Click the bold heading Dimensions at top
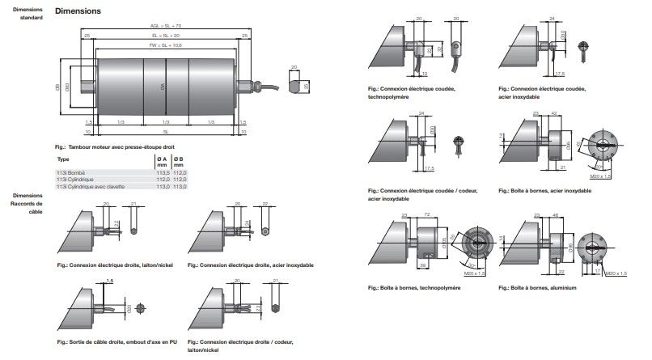click(x=77, y=11)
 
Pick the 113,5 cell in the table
click(x=160, y=172)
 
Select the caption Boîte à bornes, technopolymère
click(x=413, y=287)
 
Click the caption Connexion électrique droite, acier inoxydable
click(x=249, y=265)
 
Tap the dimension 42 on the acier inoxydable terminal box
click(x=552, y=114)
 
